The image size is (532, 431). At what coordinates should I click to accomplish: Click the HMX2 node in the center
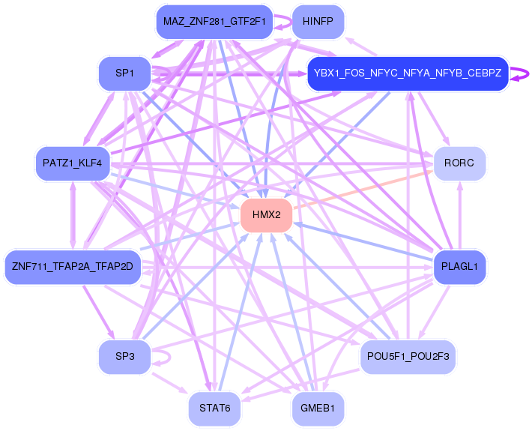click(266, 215)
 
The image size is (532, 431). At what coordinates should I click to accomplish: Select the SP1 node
click(124, 73)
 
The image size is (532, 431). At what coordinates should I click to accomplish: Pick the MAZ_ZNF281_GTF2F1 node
click(214, 22)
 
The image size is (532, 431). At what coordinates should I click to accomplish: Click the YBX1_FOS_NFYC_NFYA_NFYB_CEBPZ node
click(408, 73)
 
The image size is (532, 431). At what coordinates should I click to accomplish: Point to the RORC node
click(459, 163)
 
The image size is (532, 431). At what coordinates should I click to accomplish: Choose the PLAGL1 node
click(459, 266)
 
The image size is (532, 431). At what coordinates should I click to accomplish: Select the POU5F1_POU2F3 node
click(408, 356)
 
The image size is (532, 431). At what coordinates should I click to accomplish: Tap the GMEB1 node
click(318, 409)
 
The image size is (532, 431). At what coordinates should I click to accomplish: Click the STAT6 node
click(214, 409)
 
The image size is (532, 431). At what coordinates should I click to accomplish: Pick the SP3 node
click(124, 356)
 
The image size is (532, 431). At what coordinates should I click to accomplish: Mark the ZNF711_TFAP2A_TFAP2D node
click(73, 266)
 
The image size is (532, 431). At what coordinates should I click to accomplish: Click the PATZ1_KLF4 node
click(73, 163)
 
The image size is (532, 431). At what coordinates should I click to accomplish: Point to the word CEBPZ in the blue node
click(484, 73)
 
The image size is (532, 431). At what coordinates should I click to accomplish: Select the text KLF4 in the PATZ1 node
click(88, 163)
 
